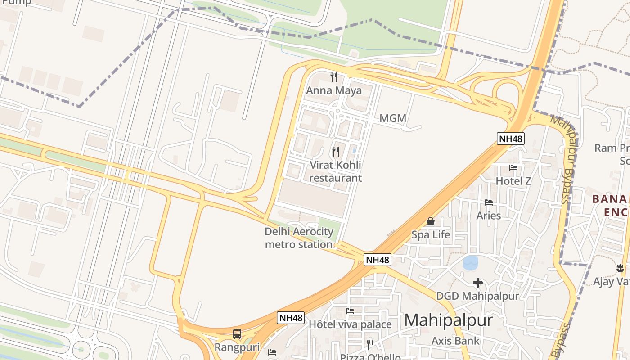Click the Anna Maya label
pyautogui.click(x=334, y=90)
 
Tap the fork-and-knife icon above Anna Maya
pyautogui.click(x=334, y=77)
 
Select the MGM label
pyautogui.click(x=393, y=118)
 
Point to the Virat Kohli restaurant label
pyautogui.click(x=335, y=171)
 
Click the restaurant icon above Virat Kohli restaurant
pyautogui.click(x=336, y=151)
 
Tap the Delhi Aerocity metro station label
pyautogui.click(x=299, y=238)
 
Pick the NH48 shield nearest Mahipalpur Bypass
pyautogui.click(x=511, y=139)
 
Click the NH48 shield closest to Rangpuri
pyautogui.click(x=291, y=318)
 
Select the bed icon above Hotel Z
pyautogui.click(x=513, y=168)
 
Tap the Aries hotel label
pyautogui.click(x=489, y=216)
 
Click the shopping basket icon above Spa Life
pyautogui.click(x=431, y=221)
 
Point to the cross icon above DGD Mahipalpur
pyautogui.click(x=478, y=283)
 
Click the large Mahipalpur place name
pyautogui.click(x=449, y=320)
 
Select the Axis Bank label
pyautogui.click(x=455, y=341)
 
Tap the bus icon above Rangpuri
pyautogui.click(x=237, y=334)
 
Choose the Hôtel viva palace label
pyautogui.click(x=350, y=324)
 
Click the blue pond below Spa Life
pyautogui.click(x=471, y=262)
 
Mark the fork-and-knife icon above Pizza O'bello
pyautogui.click(x=370, y=345)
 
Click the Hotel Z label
pyautogui.click(x=513, y=181)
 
